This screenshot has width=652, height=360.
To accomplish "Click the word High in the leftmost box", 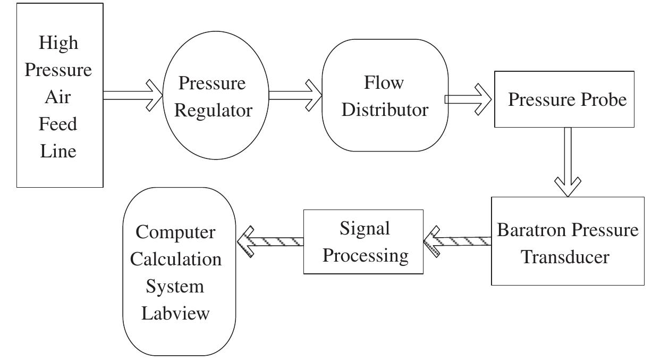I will (x=59, y=43).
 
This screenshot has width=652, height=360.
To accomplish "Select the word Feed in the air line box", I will (x=59, y=124).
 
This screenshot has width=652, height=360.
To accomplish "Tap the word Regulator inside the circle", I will (x=213, y=111).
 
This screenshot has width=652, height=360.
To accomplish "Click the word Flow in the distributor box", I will (x=384, y=82).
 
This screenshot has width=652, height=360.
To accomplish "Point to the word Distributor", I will (x=385, y=110).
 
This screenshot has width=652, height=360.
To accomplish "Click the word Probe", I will (x=602, y=99).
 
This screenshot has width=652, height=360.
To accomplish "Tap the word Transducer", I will (x=564, y=257).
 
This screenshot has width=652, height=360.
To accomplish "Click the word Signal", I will (x=365, y=228).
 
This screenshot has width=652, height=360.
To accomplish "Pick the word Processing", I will (x=366, y=255).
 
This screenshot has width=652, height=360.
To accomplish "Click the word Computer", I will (x=175, y=232).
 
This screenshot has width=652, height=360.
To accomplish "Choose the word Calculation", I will (x=176, y=259).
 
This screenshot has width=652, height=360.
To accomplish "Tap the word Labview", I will (x=175, y=313).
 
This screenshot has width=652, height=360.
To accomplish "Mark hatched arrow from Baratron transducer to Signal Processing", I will (x=457, y=241).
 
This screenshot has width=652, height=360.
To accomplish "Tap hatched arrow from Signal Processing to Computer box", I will (x=270, y=241).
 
